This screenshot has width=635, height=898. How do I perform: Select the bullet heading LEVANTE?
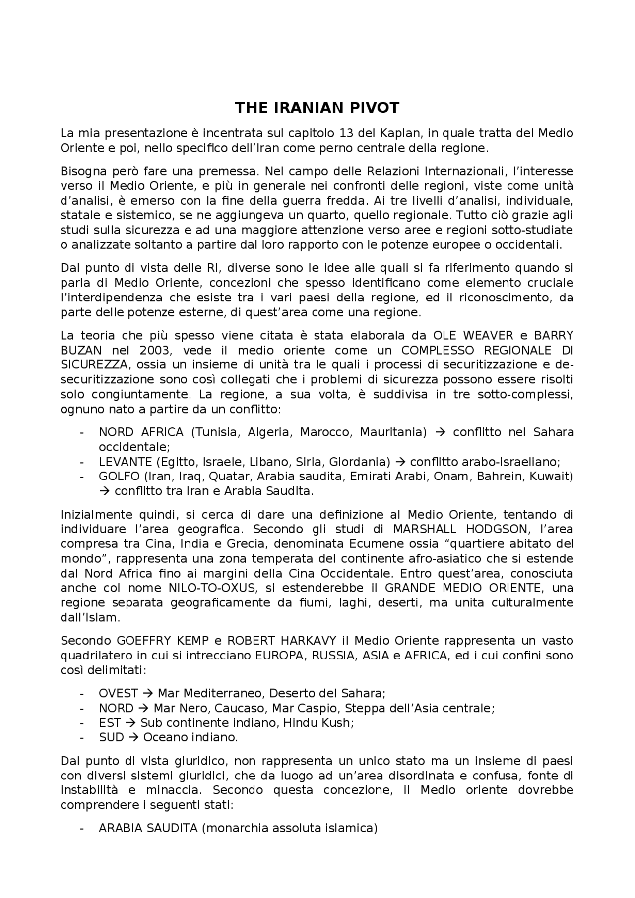point(125,462)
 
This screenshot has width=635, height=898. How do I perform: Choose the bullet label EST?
point(110,722)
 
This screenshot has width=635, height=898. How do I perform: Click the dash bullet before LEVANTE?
point(82,462)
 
